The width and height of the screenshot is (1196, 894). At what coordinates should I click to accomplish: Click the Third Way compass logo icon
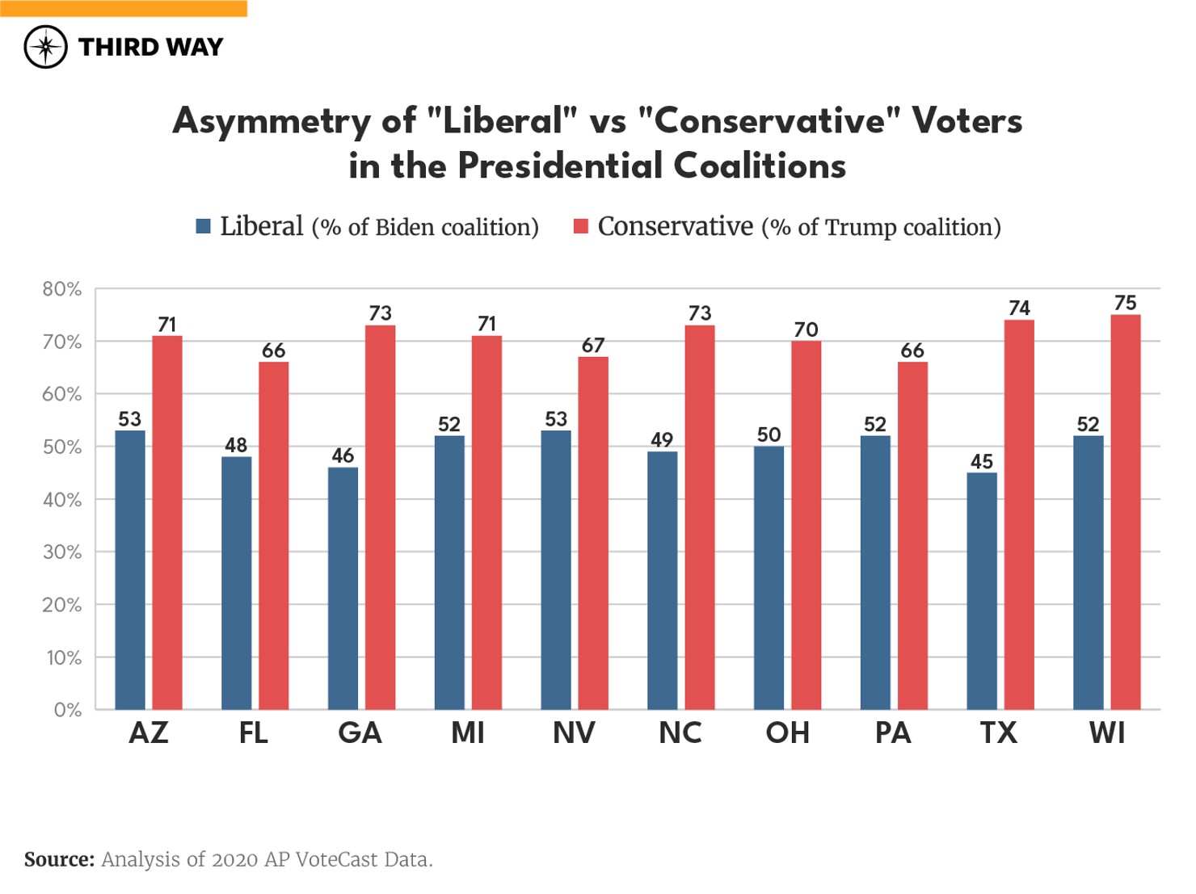pyautogui.click(x=45, y=47)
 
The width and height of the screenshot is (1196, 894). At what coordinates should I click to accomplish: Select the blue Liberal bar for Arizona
pyautogui.click(x=130, y=569)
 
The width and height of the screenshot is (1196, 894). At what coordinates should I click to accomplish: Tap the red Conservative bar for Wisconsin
pyautogui.click(x=1125, y=512)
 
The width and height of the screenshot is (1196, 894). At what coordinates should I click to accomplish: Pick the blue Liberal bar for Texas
pyautogui.click(x=981, y=590)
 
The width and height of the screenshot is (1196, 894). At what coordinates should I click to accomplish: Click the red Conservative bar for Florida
pyautogui.click(x=273, y=535)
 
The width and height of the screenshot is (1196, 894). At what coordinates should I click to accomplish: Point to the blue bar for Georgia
pyautogui.click(x=343, y=588)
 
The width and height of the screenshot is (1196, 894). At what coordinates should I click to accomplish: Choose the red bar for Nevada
pyautogui.click(x=592, y=533)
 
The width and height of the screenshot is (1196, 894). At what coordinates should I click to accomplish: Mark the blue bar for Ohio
pyautogui.click(x=769, y=577)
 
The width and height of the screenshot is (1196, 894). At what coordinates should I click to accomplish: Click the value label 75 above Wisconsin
pyautogui.click(x=1125, y=303)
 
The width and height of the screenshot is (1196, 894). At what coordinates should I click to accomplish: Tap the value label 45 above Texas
pyautogui.click(x=981, y=461)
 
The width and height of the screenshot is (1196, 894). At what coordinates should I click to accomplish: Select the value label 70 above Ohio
pyautogui.click(x=806, y=329)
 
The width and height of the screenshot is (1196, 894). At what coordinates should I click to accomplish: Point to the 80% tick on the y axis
pyautogui.click(x=62, y=289)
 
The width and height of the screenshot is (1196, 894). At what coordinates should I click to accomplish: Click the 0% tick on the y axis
pyautogui.click(x=67, y=710)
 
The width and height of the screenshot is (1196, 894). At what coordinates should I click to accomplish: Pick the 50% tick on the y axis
pyautogui.click(x=62, y=447)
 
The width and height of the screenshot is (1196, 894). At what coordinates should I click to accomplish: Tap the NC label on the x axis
pyautogui.click(x=680, y=733)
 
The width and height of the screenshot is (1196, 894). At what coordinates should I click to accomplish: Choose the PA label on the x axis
pyautogui.click(x=893, y=733)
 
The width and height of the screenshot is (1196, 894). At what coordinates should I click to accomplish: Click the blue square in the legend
pyautogui.click(x=204, y=226)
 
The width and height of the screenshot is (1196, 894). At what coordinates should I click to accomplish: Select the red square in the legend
pyautogui.click(x=580, y=226)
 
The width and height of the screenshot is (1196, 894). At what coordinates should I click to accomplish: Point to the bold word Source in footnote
pyautogui.click(x=59, y=859)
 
